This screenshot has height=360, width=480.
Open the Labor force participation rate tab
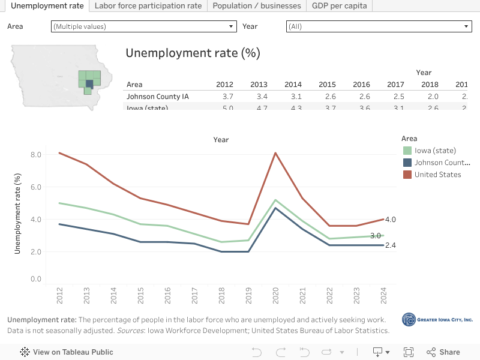[148, 6]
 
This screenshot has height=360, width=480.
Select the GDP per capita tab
[339, 6]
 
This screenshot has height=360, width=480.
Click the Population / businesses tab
[257, 6]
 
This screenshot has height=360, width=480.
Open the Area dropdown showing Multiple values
[144, 26]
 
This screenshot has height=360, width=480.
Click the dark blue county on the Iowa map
[89, 83]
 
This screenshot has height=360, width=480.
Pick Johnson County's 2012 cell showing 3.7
[227, 97]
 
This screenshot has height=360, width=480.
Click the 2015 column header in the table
[327, 85]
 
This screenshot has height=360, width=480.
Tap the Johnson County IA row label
[157, 97]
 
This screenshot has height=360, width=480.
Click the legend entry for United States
[437, 175]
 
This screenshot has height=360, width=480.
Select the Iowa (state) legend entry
[435, 151]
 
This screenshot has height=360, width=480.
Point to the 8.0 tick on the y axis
[35, 154]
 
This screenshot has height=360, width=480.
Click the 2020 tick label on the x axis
[275, 295]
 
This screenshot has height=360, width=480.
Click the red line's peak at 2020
[275, 153]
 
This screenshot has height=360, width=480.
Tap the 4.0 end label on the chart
[390, 220]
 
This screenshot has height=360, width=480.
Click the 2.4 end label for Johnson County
[390, 245]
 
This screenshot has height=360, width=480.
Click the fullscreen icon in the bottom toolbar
[409, 352]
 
